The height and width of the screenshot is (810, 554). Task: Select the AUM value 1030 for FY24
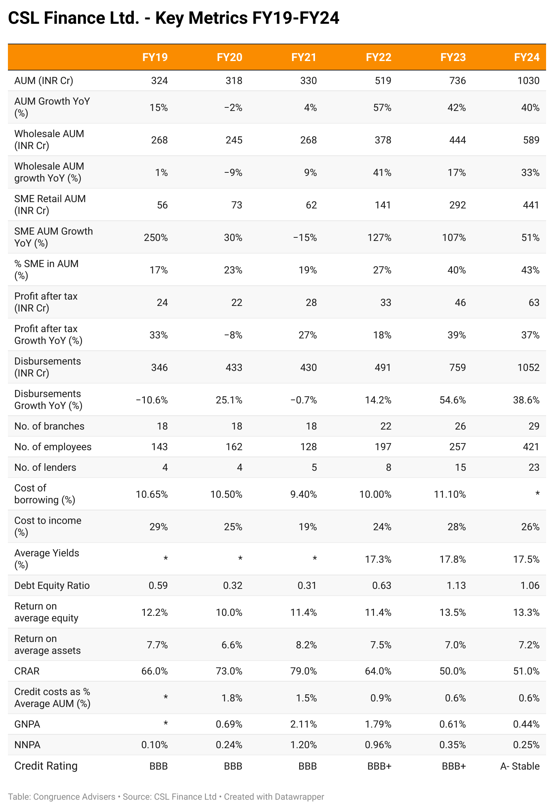point(528,81)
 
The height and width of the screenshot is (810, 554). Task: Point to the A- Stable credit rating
point(520,766)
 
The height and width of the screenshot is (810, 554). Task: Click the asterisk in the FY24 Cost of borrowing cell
point(537,494)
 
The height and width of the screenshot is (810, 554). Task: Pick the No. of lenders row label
point(45,468)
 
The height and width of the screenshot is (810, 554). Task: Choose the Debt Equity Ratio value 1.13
point(456,586)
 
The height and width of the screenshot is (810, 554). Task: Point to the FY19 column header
point(155,57)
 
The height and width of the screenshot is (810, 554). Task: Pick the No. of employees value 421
point(531,447)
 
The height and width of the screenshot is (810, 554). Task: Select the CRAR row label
point(27,671)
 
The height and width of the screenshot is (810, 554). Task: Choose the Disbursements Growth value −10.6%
point(152,400)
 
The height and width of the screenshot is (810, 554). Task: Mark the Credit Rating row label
point(46,766)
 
